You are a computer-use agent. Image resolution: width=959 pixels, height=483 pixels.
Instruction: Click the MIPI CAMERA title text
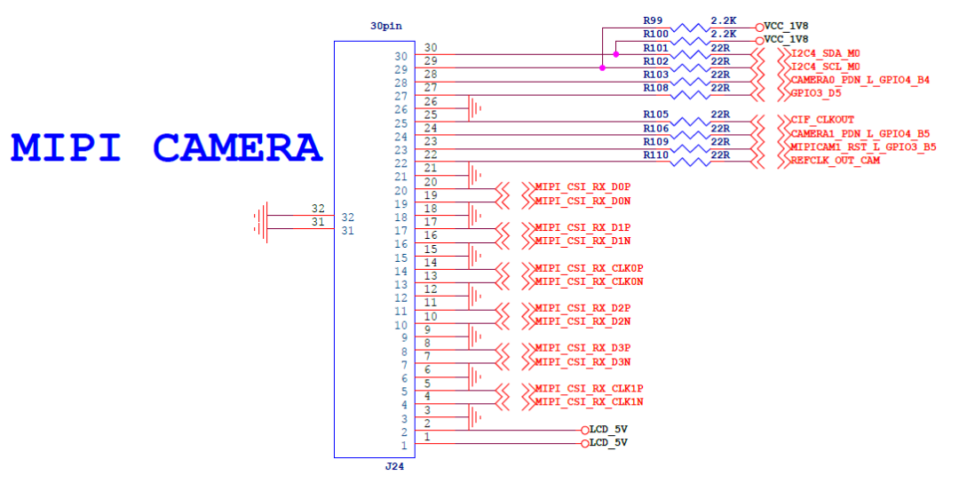166,147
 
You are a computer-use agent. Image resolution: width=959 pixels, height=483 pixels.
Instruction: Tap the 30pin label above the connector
385,26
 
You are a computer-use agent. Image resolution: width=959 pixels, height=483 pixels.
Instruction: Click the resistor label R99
653,20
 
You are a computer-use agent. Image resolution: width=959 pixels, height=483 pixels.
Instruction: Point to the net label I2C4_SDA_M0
825,54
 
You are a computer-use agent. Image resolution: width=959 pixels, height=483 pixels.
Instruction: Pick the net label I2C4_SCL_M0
825,67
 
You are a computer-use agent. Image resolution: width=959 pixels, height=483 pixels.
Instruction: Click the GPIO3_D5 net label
815,93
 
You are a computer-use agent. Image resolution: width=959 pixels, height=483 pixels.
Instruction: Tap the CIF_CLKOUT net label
821,119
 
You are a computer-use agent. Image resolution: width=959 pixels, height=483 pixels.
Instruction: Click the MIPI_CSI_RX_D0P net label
583,187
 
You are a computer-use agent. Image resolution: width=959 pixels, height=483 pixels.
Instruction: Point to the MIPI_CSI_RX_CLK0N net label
589,281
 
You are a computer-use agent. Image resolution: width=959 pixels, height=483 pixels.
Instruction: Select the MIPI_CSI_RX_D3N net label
583,361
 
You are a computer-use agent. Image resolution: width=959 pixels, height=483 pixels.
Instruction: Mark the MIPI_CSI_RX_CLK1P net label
589,389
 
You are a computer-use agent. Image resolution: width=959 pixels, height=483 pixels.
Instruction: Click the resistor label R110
655,154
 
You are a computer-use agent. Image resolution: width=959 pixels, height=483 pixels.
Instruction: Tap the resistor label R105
655,115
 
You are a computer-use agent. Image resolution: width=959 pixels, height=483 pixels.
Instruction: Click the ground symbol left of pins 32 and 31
261,222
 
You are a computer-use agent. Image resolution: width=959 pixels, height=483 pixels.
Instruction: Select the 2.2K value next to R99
725,20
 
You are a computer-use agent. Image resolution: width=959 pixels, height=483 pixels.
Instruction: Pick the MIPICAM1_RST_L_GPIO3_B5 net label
862,147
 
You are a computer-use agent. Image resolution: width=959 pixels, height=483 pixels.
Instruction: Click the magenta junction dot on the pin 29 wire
602,68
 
